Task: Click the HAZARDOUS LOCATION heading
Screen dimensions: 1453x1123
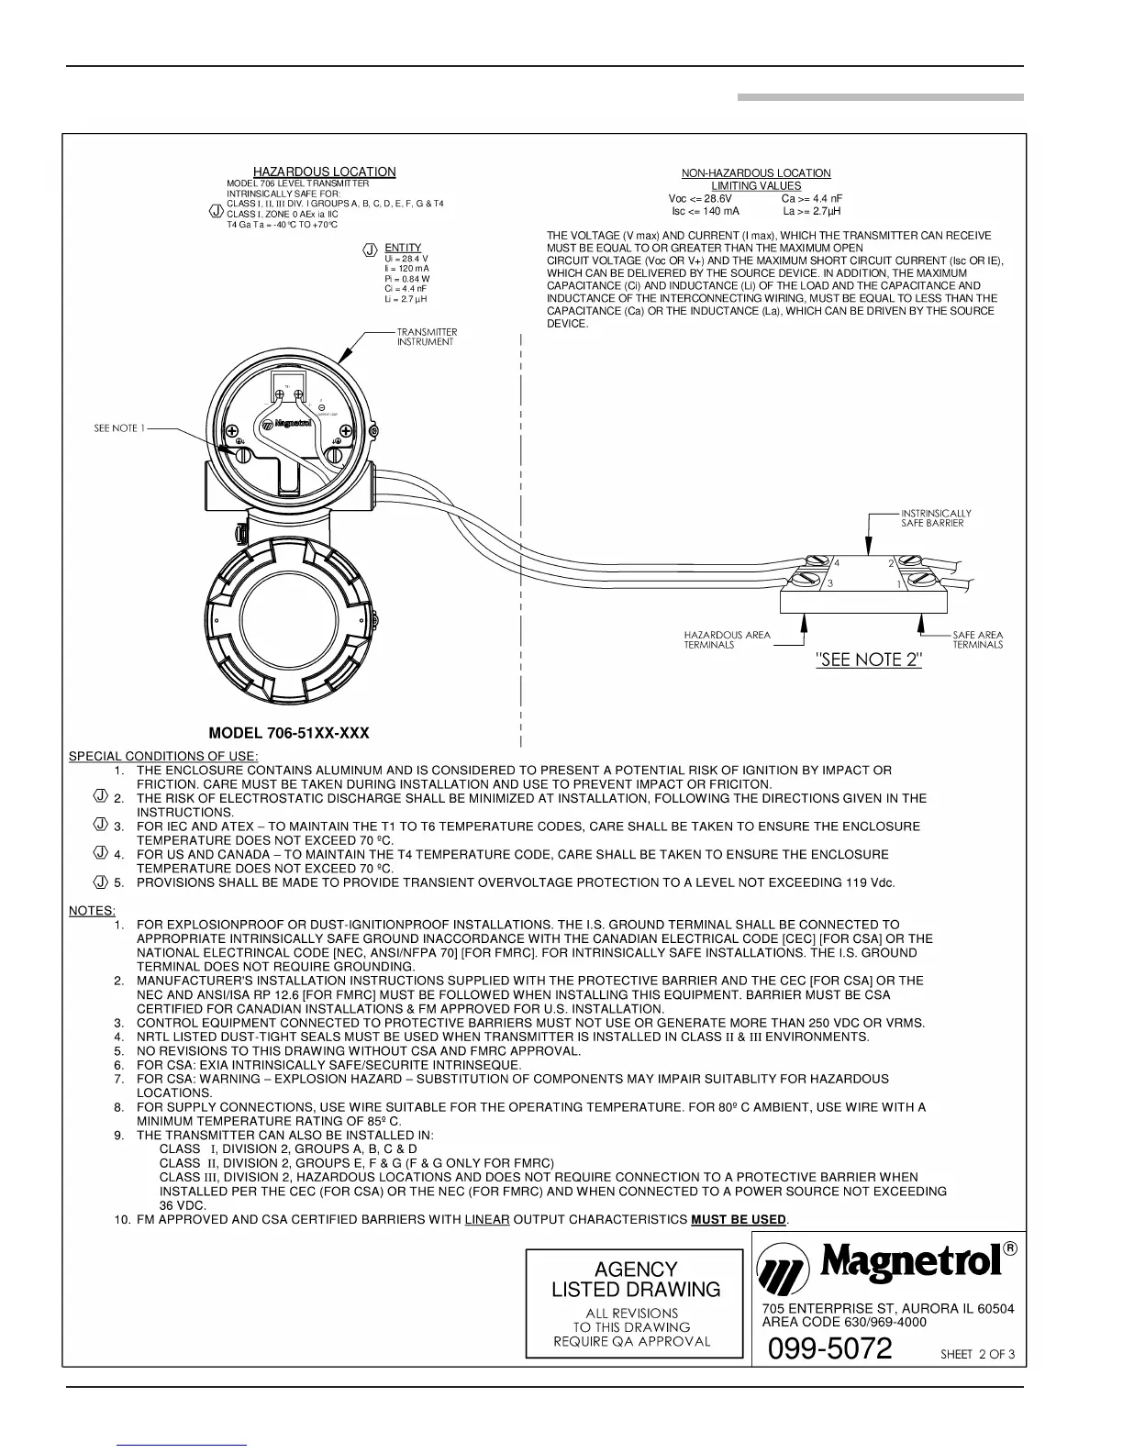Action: click(324, 172)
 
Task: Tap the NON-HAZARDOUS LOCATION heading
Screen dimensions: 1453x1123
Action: click(755, 173)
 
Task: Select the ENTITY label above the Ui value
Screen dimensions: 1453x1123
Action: click(403, 248)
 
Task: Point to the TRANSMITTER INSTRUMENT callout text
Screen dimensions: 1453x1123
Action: click(426, 337)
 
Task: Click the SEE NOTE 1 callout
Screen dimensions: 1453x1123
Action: click(119, 428)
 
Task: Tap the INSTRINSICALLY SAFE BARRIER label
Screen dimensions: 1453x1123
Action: click(935, 518)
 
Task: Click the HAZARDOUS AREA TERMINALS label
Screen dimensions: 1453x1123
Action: click(727, 639)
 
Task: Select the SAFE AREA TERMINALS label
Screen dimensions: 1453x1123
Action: click(977, 639)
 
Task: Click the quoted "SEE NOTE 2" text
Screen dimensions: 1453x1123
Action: click(868, 660)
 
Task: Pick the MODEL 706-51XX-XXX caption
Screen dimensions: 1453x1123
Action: click(289, 734)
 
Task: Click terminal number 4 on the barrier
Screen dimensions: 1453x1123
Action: click(838, 564)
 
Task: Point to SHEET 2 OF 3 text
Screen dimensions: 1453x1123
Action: click(978, 1355)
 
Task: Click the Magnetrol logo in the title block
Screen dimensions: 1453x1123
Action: click(886, 1266)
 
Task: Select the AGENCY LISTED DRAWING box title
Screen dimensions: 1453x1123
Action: click(635, 1280)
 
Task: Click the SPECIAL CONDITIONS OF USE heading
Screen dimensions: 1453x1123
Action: click(150, 756)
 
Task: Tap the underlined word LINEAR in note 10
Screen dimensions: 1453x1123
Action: click(486, 1219)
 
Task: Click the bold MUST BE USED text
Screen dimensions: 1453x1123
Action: click(739, 1219)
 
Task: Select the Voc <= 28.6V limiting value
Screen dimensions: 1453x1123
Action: click(700, 198)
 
